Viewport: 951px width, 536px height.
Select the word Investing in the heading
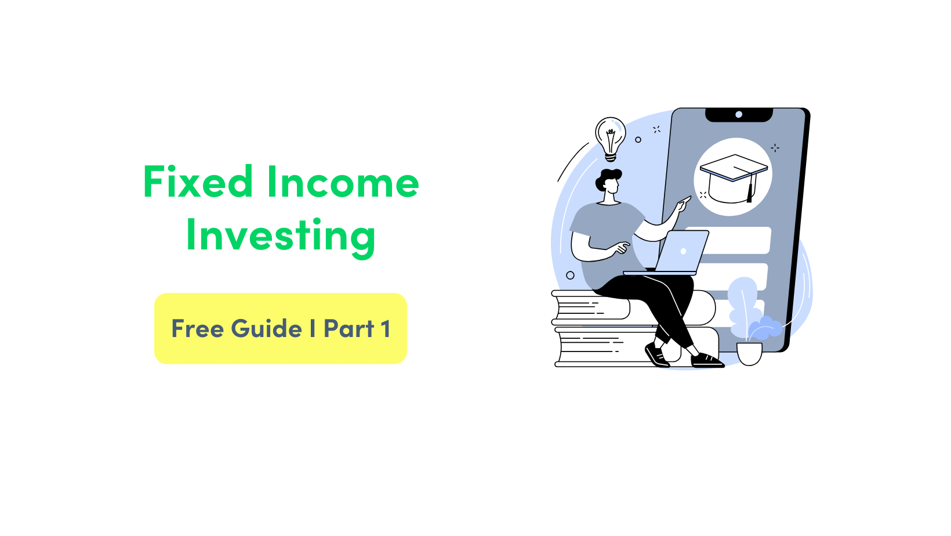click(x=281, y=236)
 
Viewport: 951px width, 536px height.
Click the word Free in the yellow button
click(x=197, y=329)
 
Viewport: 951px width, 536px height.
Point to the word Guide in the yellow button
click(x=267, y=329)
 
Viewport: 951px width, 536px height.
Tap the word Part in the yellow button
click(x=349, y=329)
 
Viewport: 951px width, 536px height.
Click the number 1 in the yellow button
click(x=386, y=329)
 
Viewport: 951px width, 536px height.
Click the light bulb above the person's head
click(x=610, y=137)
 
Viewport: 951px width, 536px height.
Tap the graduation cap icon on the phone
click(x=733, y=177)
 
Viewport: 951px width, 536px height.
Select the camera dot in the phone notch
click(x=739, y=114)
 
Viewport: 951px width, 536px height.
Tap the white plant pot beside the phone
click(x=749, y=353)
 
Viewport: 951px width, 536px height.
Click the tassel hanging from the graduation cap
click(x=750, y=191)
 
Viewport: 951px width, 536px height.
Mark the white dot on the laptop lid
click(x=683, y=251)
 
